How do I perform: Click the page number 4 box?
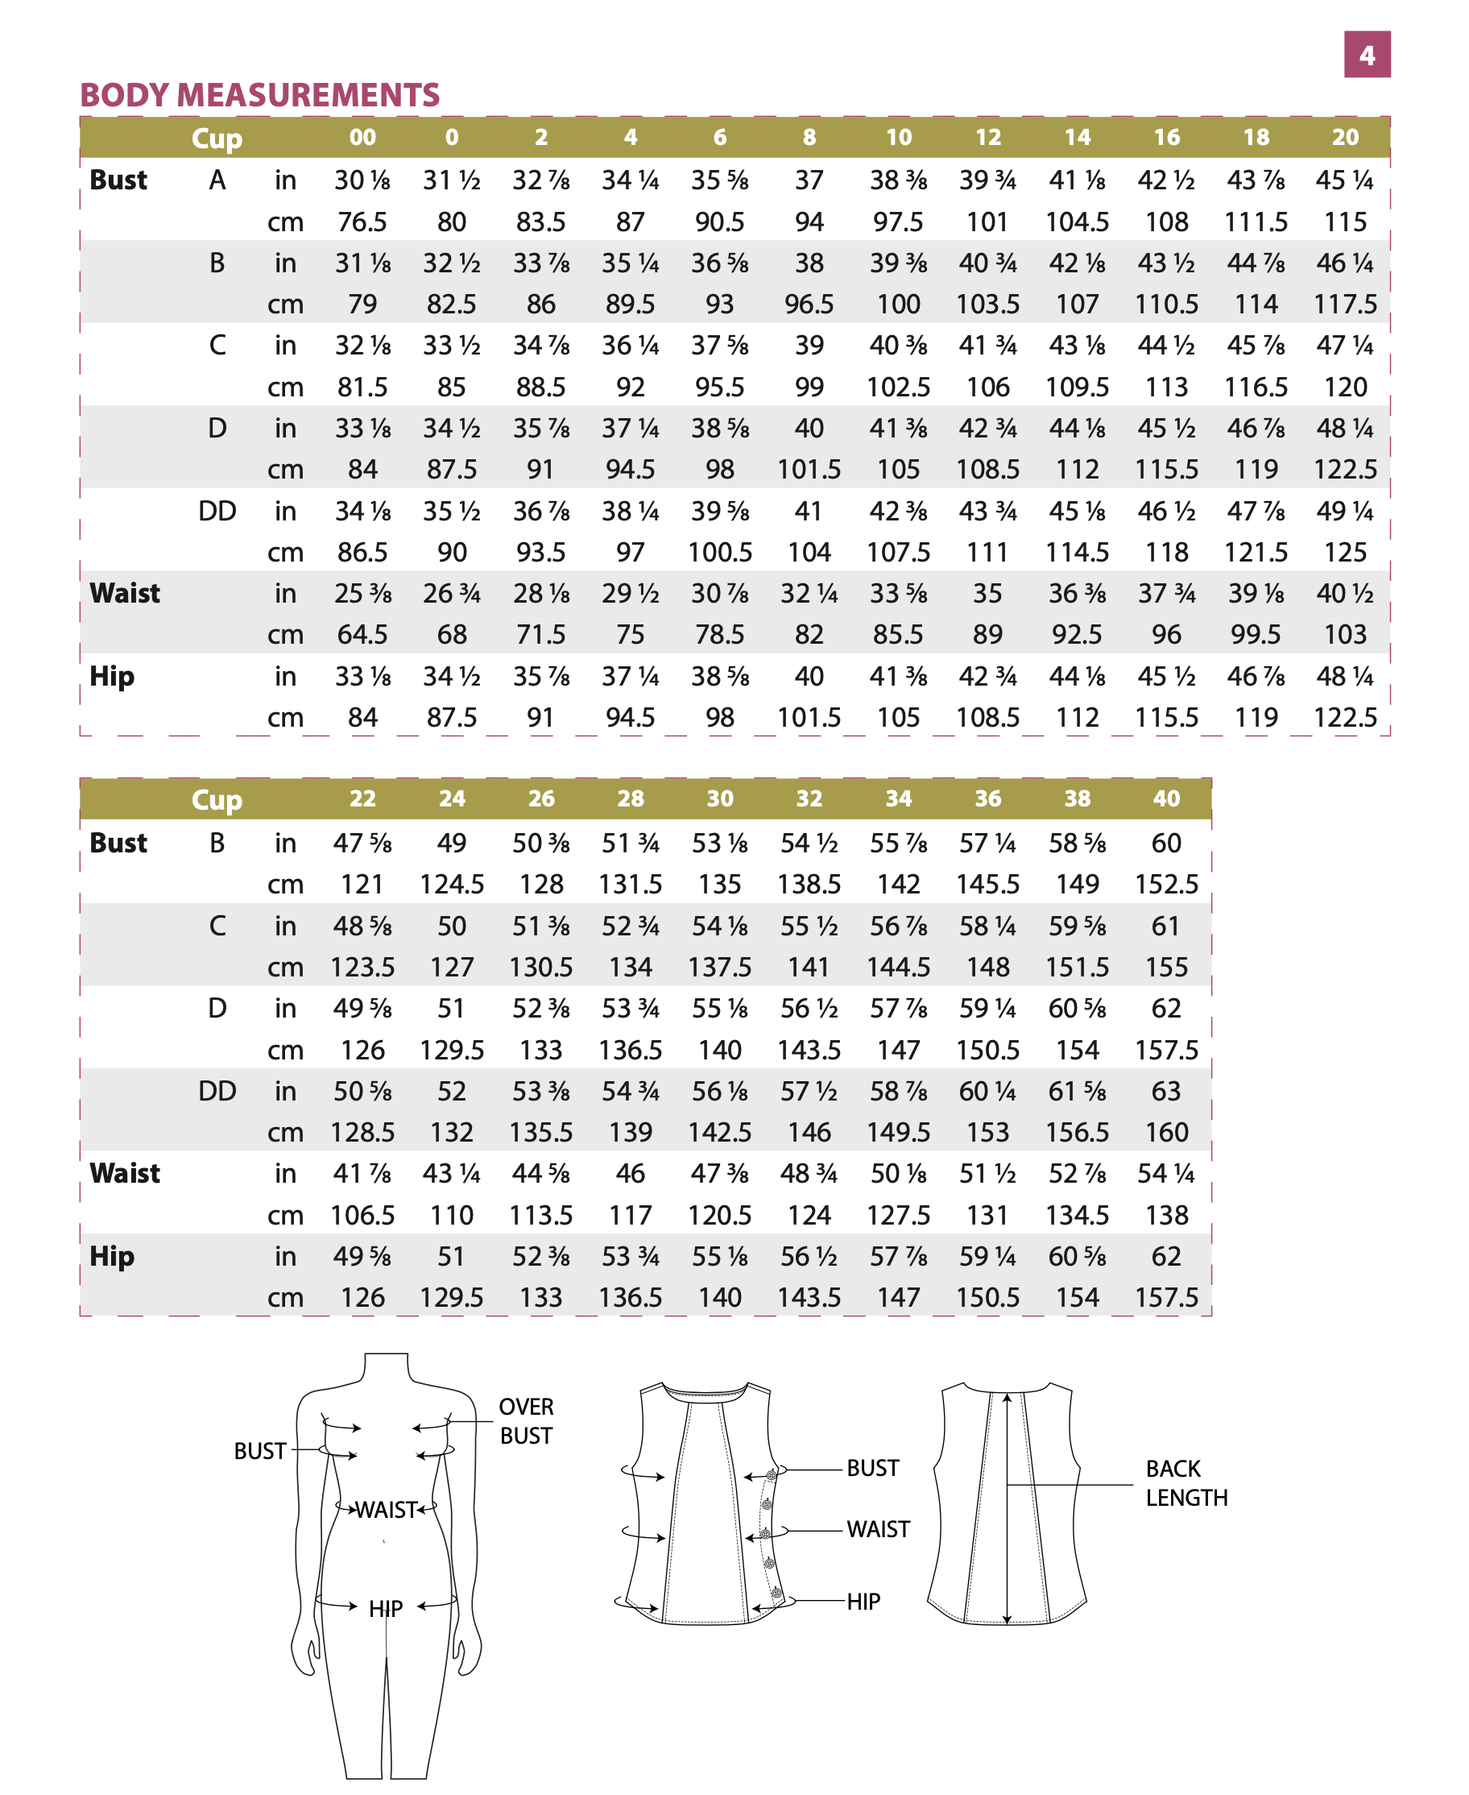point(1366,55)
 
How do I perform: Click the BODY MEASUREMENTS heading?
point(260,95)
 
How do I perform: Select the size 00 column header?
point(362,137)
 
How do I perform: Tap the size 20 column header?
point(1345,137)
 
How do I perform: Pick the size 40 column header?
point(1166,798)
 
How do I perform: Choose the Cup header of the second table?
point(217,799)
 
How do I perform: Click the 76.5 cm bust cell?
point(362,222)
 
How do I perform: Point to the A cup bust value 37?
point(809,180)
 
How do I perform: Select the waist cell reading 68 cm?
point(452,634)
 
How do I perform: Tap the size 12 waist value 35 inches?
point(987,593)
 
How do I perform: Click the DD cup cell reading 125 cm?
point(1345,552)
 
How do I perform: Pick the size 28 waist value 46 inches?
point(631,1174)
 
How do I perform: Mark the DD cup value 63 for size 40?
point(1166,1091)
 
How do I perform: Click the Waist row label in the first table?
point(124,593)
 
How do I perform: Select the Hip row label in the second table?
point(112,1256)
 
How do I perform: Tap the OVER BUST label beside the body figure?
point(525,1421)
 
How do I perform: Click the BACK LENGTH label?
point(1186,1482)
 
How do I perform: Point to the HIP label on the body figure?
point(385,1608)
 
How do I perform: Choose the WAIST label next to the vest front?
point(879,1529)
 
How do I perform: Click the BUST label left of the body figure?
point(260,1450)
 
